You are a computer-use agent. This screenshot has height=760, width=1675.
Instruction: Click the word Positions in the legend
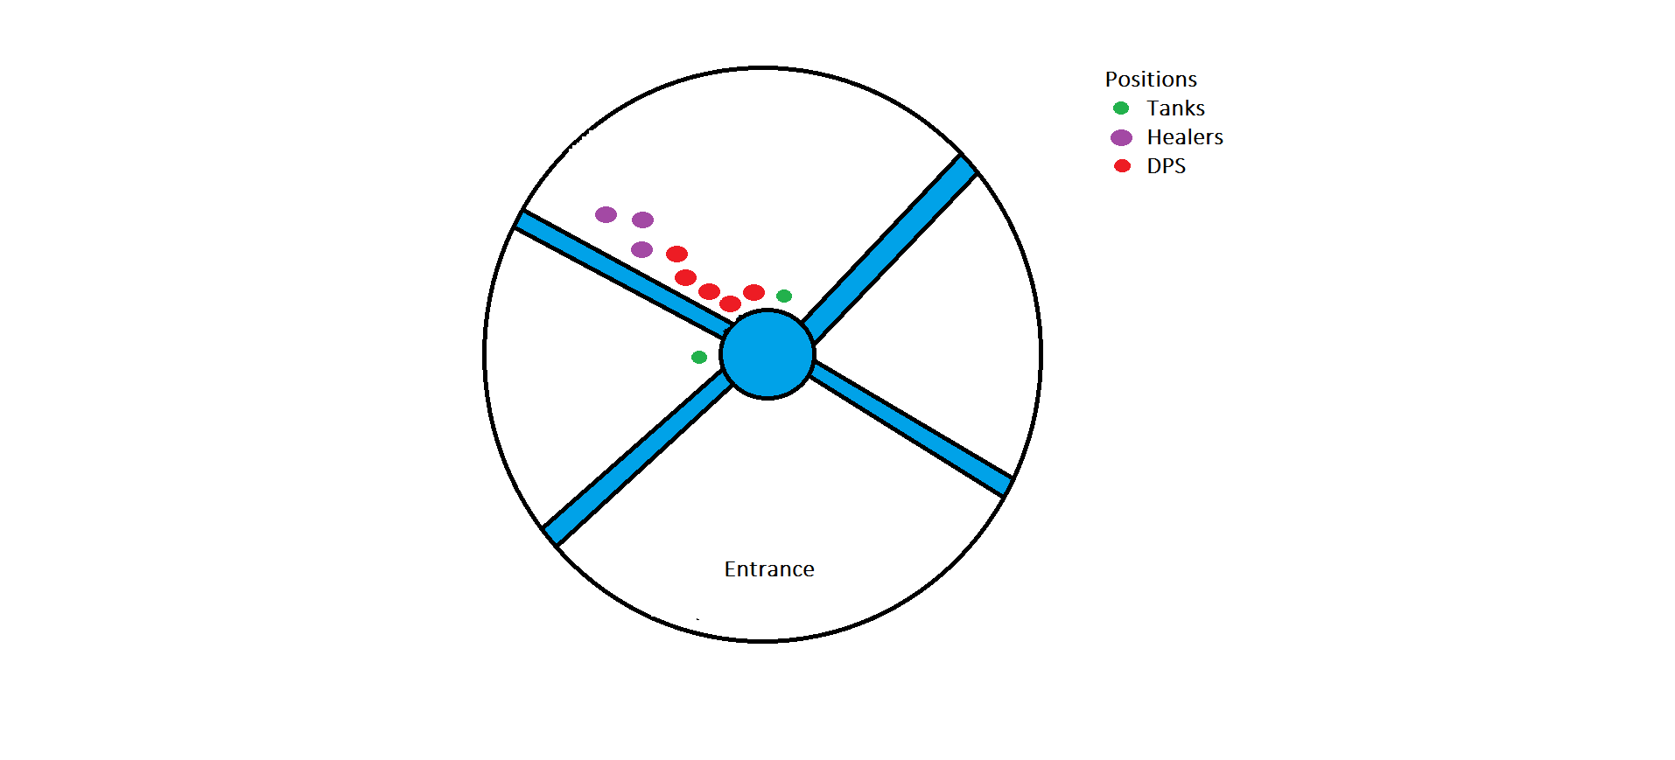tap(1150, 80)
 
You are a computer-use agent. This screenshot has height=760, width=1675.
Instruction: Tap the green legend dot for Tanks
tap(1121, 108)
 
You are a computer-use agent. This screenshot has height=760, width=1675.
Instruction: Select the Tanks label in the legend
tap(1175, 108)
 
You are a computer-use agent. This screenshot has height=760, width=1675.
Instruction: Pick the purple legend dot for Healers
tap(1121, 137)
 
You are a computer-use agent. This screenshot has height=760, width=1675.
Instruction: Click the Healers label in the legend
tap(1184, 137)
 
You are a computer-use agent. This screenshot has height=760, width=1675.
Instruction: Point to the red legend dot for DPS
tap(1122, 166)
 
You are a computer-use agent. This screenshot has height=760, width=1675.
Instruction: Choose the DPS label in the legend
tap(1166, 166)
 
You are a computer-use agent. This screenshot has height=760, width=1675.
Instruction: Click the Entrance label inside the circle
tap(768, 569)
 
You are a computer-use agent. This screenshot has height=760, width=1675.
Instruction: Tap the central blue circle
tap(767, 354)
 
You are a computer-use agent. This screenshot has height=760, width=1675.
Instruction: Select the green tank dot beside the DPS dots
tap(784, 296)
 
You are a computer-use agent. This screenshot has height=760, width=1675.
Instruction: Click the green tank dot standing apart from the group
tap(698, 357)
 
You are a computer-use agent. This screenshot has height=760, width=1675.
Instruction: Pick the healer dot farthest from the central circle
tap(606, 214)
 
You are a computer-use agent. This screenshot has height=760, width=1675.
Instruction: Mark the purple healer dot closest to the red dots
tap(641, 249)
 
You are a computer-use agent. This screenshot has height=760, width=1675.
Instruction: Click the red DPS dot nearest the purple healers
tap(676, 254)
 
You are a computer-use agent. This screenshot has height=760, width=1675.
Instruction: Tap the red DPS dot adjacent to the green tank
tap(753, 292)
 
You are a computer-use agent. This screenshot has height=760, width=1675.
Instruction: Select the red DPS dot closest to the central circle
tap(731, 303)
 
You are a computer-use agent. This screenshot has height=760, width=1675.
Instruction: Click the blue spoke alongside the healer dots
tap(621, 271)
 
